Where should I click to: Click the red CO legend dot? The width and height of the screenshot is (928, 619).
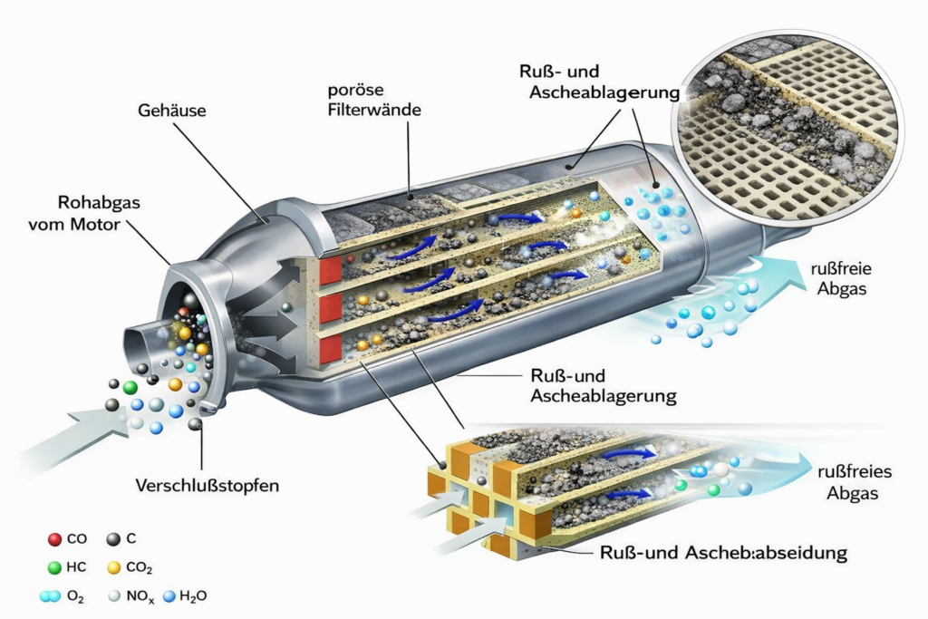54,539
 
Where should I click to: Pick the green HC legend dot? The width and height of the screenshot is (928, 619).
54,567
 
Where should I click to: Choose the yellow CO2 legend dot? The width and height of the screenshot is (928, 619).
113,568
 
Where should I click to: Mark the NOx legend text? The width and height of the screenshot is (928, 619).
138,596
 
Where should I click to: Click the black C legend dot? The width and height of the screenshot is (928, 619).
112,539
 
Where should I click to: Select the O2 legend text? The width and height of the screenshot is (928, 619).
77,596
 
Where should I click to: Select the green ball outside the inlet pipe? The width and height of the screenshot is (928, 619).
130,388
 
